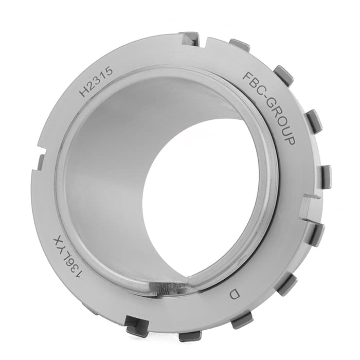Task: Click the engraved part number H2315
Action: tap(96, 81)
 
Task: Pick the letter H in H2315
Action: tap(83, 92)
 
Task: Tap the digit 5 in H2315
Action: tap(109, 71)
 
